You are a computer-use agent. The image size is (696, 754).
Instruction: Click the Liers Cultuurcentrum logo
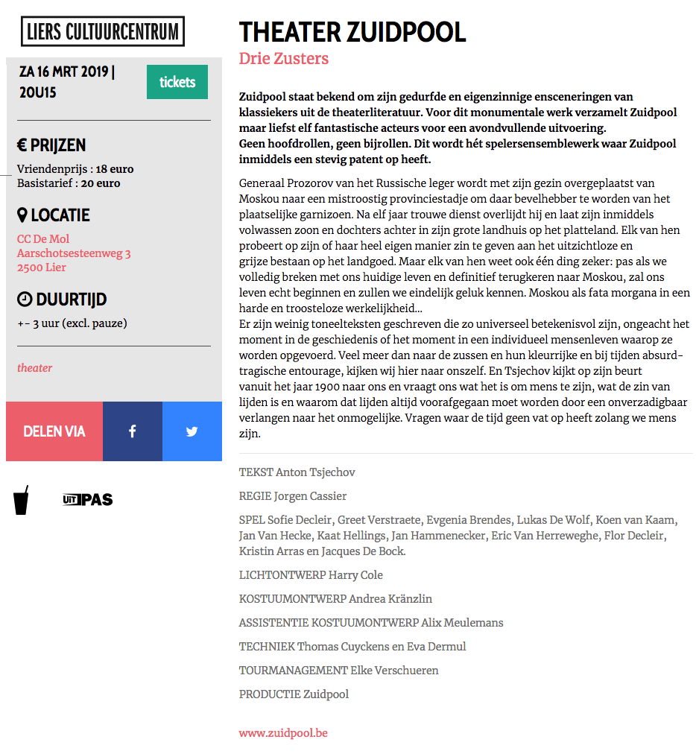click(103, 31)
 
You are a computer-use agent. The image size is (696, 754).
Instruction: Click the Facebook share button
click(132, 431)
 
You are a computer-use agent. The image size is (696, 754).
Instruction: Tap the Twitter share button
click(192, 431)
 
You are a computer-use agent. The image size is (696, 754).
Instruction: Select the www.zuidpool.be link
click(283, 732)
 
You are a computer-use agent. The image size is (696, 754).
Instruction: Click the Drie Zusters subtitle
click(283, 58)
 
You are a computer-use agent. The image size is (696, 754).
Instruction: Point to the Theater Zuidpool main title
click(352, 32)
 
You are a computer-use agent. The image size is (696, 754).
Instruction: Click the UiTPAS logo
click(88, 499)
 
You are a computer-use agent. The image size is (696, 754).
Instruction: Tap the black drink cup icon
click(22, 500)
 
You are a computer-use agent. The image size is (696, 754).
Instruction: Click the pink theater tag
click(34, 367)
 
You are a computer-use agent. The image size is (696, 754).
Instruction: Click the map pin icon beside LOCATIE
click(22, 215)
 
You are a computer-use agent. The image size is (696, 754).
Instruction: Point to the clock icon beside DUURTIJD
click(25, 300)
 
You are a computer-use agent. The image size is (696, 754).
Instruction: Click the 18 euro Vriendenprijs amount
click(115, 169)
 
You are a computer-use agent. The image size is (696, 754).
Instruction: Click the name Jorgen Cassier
click(310, 496)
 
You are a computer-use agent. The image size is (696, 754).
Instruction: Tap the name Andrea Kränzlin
click(390, 599)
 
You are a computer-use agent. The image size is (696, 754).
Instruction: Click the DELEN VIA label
click(54, 431)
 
